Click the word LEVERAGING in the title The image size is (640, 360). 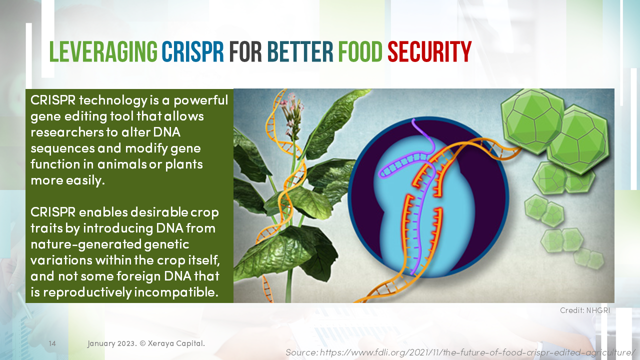click(104, 52)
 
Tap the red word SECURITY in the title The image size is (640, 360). click(429, 52)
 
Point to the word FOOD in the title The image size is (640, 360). click(360, 52)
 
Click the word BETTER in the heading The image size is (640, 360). click(299, 52)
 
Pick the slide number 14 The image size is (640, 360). click(52, 343)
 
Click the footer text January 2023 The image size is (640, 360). click(111, 343)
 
